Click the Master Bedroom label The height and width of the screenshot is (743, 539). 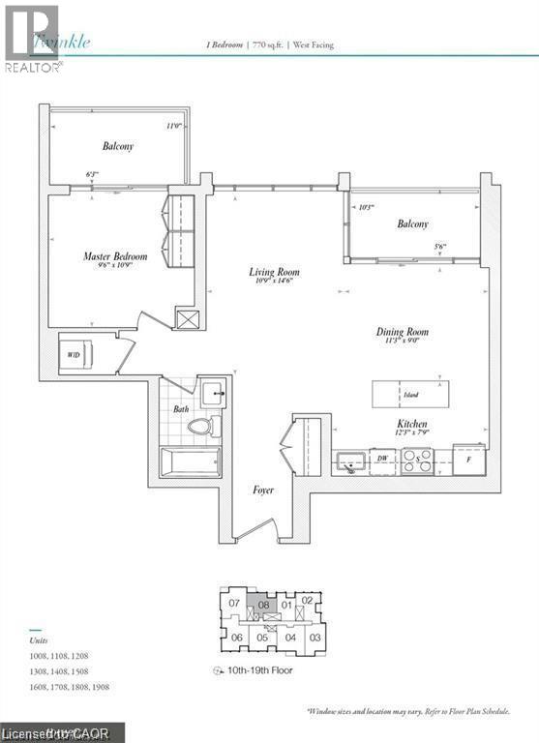(115, 256)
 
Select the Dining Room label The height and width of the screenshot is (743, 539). (402, 332)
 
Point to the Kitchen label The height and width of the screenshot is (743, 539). (412, 425)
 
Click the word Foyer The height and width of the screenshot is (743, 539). (262, 490)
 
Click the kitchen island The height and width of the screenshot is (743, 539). (410, 394)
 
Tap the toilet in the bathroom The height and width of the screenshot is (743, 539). (201, 426)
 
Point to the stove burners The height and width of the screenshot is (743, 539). (417, 461)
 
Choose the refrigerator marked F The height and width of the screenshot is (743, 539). (467, 459)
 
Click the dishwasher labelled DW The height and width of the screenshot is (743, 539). (384, 460)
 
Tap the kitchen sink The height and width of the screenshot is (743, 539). (350, 462)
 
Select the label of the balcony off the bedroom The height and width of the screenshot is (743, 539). (118, 147)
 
